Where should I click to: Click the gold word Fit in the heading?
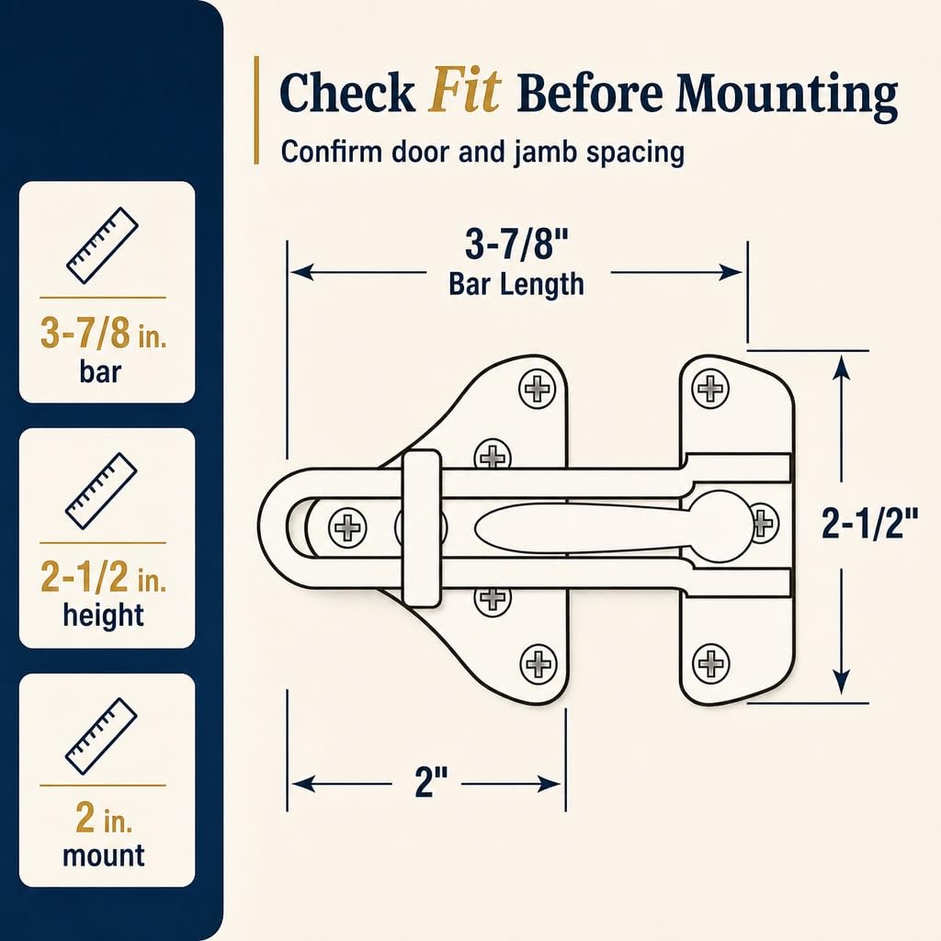[464, 92]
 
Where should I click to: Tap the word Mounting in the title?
[787, 96]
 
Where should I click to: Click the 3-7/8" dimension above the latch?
[516, 244]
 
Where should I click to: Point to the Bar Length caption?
[516, 284]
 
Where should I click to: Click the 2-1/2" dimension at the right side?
[869, 522]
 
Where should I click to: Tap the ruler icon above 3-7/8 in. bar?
[103, 244]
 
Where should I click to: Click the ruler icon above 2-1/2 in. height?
[101, 491]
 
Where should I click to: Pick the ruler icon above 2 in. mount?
[101, 736]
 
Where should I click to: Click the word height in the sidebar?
[104, 615]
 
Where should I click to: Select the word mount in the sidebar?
[104, 856]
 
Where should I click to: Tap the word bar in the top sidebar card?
[100, 371]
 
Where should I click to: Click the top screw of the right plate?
[710, 389]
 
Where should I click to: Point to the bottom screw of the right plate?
[710, 663]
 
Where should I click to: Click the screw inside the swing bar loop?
[347, 527]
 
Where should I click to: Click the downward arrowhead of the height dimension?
[842, 683]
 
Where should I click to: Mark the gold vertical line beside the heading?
[257, 110]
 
